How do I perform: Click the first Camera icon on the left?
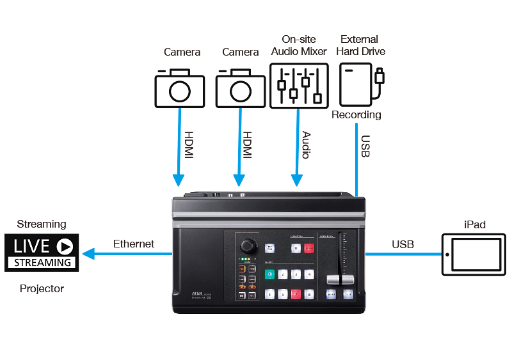pos(179,90)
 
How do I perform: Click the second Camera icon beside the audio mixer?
pos(240,90)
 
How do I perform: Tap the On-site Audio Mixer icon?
pos(298,84)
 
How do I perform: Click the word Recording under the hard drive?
pos(356,115)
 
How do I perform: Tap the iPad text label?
pos(474,224)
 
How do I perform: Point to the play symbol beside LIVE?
pos(64,246)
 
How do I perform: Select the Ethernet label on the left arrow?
pos(134,244)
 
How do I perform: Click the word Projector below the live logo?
pos(42,288)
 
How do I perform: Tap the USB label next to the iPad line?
pos(403,244)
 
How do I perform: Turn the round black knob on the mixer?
pos(246,246)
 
